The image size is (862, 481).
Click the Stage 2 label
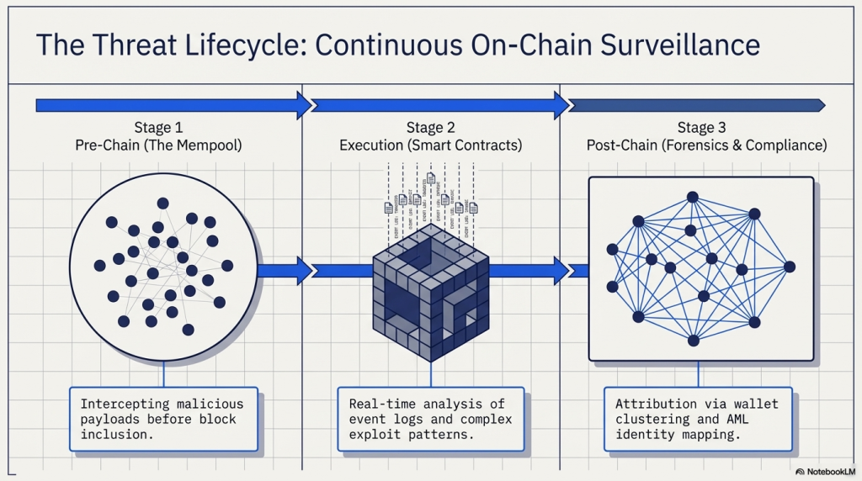pos(430,128)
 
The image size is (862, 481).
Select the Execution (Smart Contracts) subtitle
pos(430,145)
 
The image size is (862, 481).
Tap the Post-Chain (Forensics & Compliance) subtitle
pos(706,145)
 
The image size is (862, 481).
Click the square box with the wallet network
pos(700,268)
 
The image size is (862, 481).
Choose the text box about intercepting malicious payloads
pos(163,418)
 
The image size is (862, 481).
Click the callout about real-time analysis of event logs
pos(430,418)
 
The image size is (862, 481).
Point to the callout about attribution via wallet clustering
pos(697,418)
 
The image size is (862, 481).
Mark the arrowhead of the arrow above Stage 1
pos(303,105)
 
